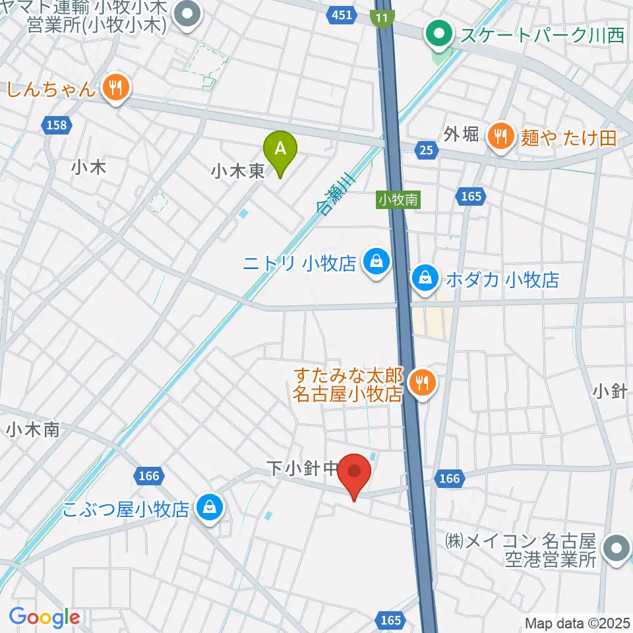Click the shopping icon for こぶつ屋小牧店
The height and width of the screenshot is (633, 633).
point(209,508)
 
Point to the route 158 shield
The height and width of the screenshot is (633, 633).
point(57,124)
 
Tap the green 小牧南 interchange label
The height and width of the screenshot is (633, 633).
point(398,199)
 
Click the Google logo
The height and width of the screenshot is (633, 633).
point(44,617)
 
